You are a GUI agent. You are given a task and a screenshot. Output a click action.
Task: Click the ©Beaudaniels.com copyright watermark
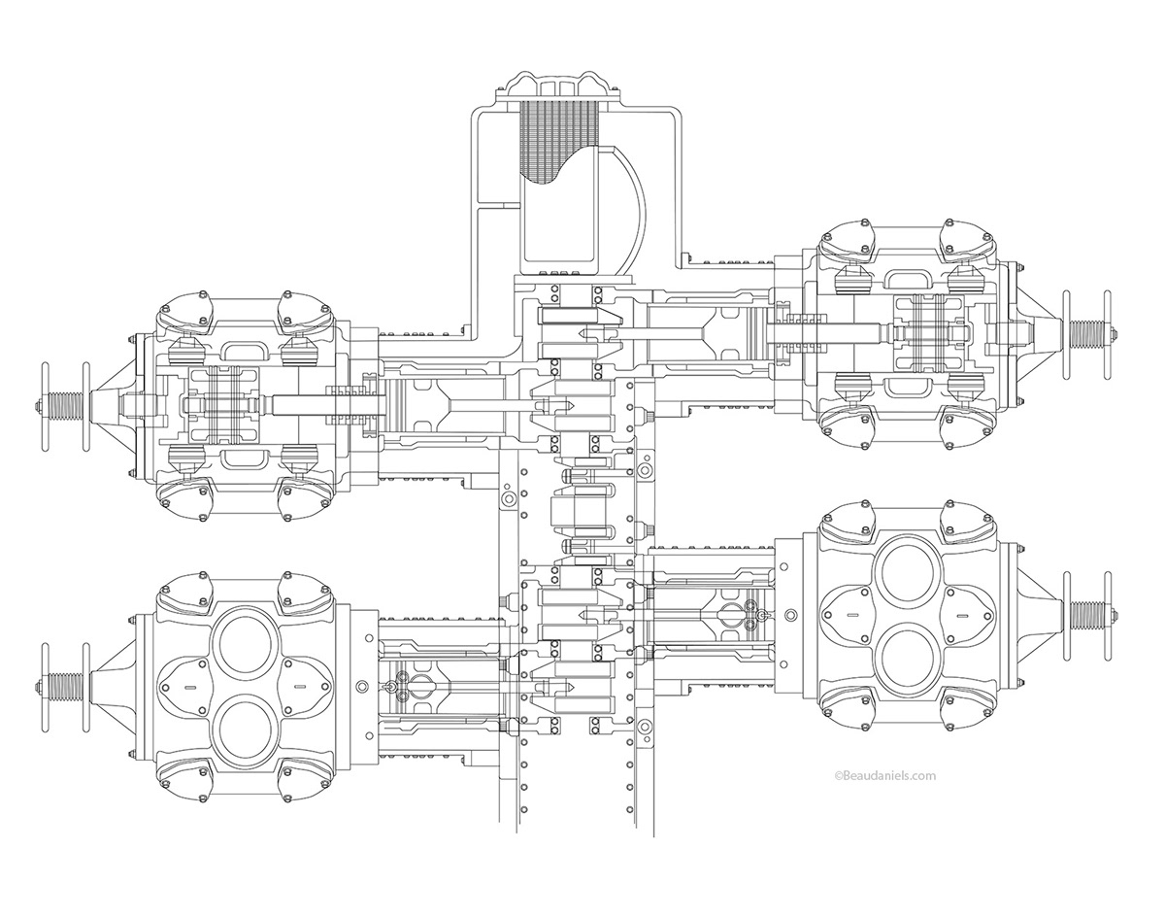(884, 775)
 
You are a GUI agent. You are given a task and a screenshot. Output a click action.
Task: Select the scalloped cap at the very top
(554, 85)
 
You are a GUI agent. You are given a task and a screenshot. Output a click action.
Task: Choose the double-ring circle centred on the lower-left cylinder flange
(362, 686)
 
